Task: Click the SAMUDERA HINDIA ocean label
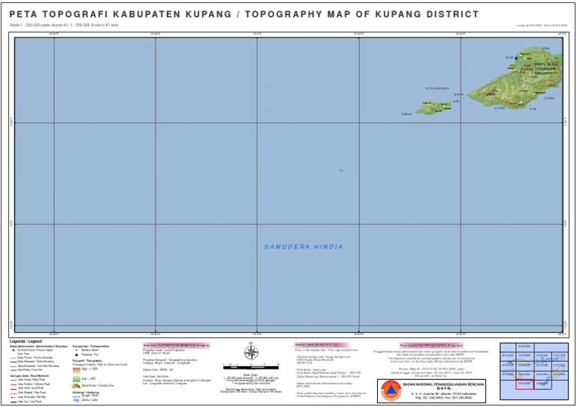[304, 247]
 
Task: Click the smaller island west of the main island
[433, 108]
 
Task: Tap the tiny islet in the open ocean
[340, 170]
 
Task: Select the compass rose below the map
[252, 353]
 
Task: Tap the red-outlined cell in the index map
[524, 384]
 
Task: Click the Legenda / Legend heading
[27, 341]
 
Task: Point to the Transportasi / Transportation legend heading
[90, 346]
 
